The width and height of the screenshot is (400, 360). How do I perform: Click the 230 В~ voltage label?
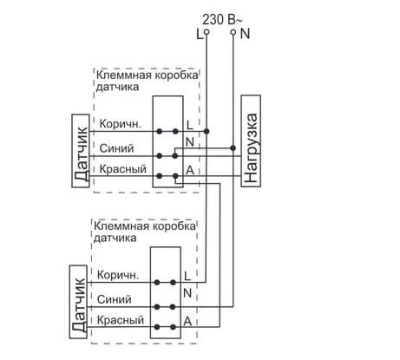coord(222,20)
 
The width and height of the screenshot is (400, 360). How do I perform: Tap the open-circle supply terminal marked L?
coord(207,32)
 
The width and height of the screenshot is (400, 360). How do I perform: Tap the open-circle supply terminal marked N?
coord(233,32)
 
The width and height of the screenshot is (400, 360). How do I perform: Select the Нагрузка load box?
coord(251,141)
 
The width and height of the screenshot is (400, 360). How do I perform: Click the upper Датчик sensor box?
coord(81,151)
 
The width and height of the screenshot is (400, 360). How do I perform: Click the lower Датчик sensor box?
coord(78,302)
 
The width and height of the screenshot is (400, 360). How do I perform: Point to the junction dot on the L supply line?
coord(207,131)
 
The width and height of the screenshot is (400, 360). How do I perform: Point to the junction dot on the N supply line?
coord(233,148)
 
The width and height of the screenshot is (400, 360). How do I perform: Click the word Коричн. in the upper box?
coord(121,124)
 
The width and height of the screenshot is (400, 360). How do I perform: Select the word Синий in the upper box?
coord(116,148)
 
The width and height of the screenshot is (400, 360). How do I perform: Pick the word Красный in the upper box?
coord(123,169)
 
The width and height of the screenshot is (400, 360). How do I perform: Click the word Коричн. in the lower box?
coord(118,275)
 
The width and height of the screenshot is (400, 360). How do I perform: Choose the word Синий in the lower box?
coord(115,299)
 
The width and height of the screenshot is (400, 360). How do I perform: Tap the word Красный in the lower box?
coord(121,320)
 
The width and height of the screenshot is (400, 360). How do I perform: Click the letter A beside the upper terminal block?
coord(190,170)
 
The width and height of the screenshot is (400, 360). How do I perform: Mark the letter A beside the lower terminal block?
coord(187,321)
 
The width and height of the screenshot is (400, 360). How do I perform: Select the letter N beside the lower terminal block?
coord(187,293)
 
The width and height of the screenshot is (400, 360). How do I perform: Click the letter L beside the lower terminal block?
coord(187,276)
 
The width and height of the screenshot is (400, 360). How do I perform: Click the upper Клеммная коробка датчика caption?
coord(147,81)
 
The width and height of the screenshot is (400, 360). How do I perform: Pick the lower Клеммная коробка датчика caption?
coord(145,232)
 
